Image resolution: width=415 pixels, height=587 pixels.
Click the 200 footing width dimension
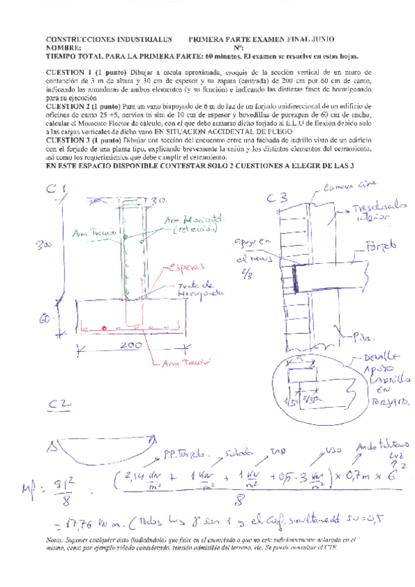click(x=129, y=345)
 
